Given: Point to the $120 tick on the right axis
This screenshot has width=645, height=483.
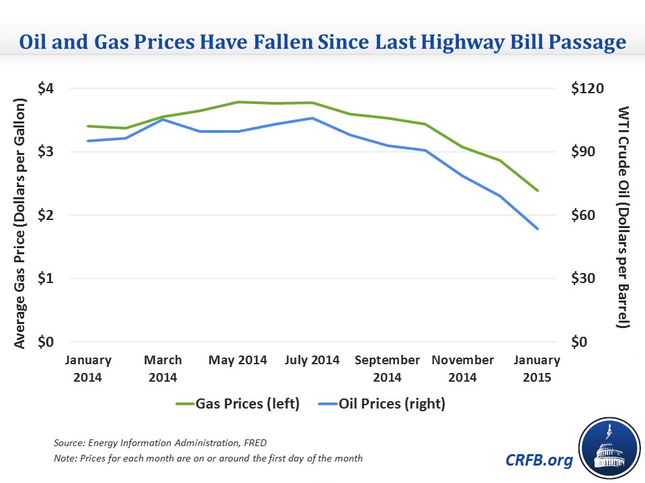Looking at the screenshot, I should pos(587,89).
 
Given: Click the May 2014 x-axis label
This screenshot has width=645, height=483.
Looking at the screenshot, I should pos(237,360).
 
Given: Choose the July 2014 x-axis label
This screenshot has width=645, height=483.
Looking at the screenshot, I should pos(312,360).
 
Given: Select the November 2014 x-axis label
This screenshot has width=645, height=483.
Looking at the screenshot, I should pos(462,368).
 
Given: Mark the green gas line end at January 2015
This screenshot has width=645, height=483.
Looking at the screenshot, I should pos(538,191).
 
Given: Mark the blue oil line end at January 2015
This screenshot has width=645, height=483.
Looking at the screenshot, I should pos(538,229).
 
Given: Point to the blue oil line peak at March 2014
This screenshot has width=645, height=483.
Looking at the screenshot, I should pos(164,119).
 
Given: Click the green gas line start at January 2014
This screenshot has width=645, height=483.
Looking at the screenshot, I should pos(88,126).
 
